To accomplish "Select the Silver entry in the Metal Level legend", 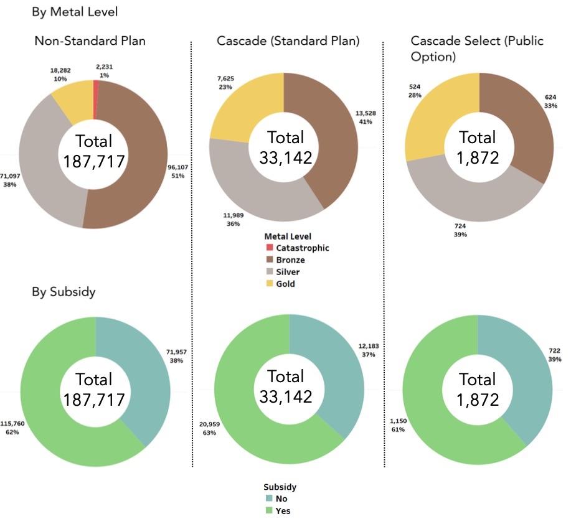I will (288, 272).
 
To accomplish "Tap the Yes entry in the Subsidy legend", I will (282, 511).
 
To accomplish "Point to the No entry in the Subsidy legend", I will (281, 498).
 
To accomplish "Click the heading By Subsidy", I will (64, 291).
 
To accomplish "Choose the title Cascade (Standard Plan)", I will (288, 41).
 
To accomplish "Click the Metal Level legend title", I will (287, 236).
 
